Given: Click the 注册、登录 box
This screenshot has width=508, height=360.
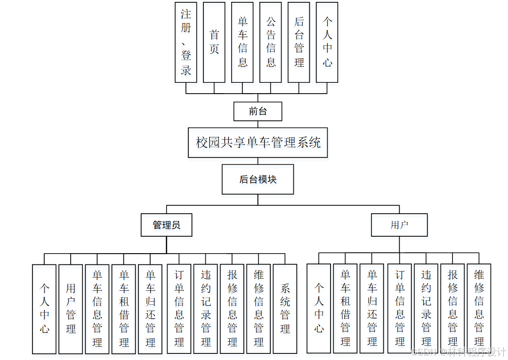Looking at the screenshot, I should click(186, 42).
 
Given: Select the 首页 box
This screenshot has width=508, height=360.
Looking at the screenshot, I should click(214, 42).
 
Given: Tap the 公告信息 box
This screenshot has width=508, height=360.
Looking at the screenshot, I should click(271, 42).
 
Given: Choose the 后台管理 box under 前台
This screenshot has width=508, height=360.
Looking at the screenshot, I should click(299, 42).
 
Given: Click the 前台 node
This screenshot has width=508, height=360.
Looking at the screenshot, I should click(258, 112).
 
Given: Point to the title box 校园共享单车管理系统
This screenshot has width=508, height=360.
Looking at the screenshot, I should click(258, 143).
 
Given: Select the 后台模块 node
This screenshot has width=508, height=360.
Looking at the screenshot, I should click(258, 179).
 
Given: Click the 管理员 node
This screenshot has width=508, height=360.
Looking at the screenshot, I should click(167, 225).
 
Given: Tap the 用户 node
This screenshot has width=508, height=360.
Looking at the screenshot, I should click(399, 225).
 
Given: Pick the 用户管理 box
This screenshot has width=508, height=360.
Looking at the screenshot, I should click(71, 309).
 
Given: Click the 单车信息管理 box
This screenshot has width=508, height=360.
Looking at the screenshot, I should click(97, 309).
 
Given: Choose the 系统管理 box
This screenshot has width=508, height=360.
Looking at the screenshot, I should click(285, 309).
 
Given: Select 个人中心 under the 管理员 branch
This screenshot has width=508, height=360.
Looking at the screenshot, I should click(44, 309).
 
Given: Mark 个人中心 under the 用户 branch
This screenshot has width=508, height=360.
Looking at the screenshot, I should click(319, 309).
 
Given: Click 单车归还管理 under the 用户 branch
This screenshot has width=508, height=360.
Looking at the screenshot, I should click(372, 309).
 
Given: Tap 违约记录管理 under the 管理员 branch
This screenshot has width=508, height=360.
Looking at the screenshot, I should click(206, 309).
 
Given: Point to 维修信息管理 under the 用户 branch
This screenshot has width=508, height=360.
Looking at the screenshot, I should click(479, 309).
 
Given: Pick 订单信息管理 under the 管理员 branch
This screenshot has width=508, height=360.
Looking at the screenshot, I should click(179, 309).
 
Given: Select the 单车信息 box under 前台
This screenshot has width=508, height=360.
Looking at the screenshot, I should click(242, 42).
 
